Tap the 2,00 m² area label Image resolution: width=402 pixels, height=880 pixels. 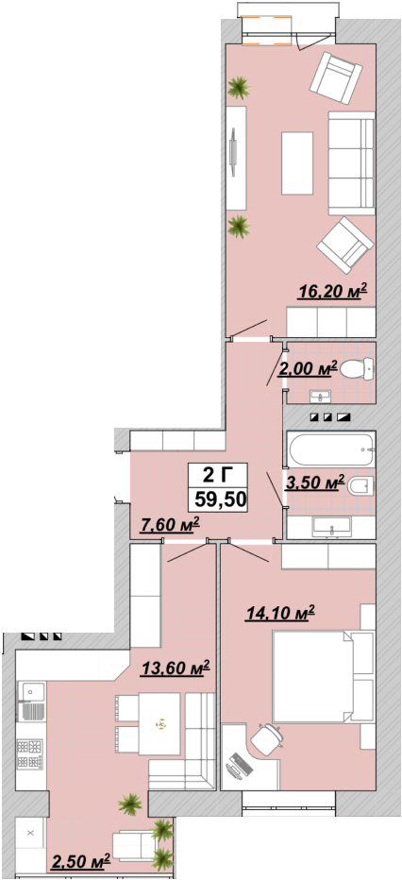click(x=308, y=369)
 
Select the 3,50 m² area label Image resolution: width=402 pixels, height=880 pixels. click(x=314, y=483)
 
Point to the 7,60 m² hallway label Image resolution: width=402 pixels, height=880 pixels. click(x=171, y=526)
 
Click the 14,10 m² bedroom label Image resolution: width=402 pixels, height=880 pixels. click(x=279, y=613)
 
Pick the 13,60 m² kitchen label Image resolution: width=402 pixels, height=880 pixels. click(x=176, y=668)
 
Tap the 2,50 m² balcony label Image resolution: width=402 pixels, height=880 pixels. click(x=81, y=861)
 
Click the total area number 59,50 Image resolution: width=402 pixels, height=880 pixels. click(x=220, y=498)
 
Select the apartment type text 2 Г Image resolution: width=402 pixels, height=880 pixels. click(x=217, y=476)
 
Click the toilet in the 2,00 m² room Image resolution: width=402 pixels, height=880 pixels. click(x=357, y=369)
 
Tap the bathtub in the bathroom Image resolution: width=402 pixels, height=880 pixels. click(x=330, y=449)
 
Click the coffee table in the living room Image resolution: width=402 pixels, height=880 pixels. click(x=296, y=162)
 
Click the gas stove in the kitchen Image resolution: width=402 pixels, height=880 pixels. click(x=31, y=753)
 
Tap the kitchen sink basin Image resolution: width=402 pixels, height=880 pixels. click(x=31, y=691)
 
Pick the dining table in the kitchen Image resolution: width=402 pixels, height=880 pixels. click(x=159, y=724)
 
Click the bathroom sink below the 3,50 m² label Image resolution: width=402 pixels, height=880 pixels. click(x=331, y=528)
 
